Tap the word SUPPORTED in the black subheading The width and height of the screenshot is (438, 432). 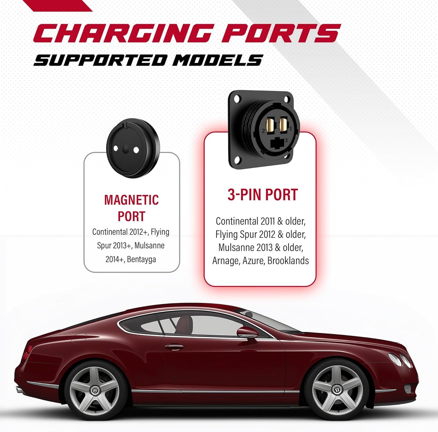click(100, 60)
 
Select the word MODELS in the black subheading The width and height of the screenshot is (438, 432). click(217, 60)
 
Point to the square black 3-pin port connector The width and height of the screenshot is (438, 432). click(264, 130)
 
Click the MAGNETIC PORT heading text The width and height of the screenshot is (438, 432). click(132, 208)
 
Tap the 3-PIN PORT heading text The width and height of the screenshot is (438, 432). click(262, 194)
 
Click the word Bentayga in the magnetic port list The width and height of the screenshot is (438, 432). click(142, 259)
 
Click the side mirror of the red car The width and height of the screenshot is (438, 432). click(247, 333)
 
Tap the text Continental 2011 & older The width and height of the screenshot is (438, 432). click(260, 221)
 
